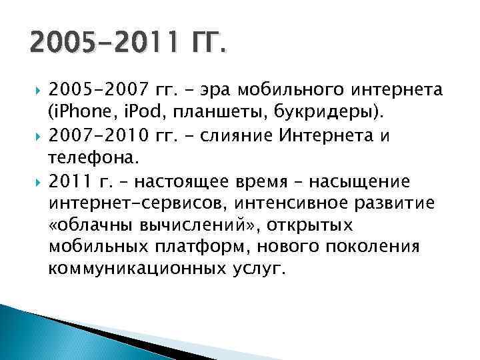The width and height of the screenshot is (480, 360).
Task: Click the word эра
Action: coord(207,90)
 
